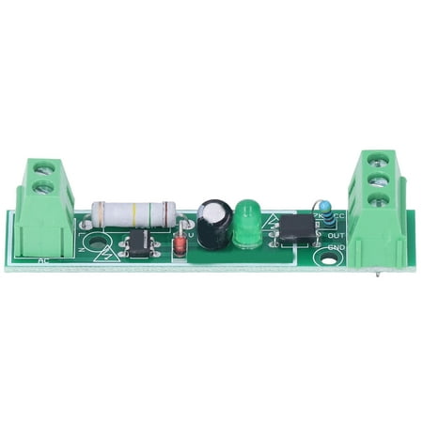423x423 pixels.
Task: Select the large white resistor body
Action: (x=132, y=214)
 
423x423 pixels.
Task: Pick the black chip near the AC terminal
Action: (x=138, y=243)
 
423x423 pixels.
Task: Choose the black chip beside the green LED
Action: (x=296, y=228)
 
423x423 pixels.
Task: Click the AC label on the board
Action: (x=43, y=259)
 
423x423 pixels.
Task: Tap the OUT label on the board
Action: (x=335, y=234)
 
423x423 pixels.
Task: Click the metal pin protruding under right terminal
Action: (x=377, y=274)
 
